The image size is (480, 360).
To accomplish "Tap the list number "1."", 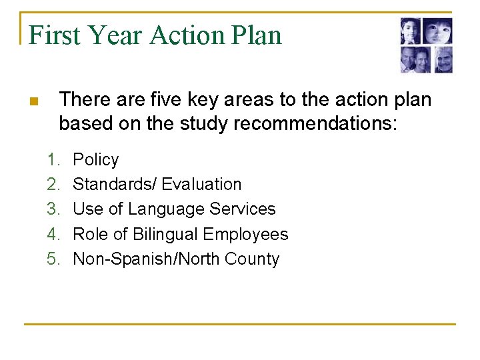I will click(53, 160).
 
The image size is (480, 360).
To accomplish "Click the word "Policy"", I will click(95, 160).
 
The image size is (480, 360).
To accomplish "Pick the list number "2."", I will click(53, 185).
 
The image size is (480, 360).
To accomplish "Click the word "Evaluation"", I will click(201, 185).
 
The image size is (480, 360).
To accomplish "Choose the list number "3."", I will click(53, 209).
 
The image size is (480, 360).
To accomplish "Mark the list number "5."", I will click(53, 259).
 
